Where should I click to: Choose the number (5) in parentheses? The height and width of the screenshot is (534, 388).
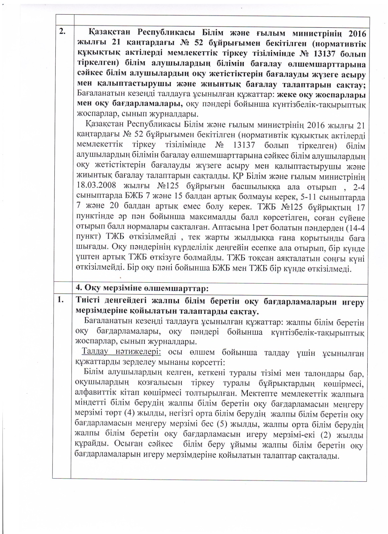pyautogui.click(x=222, y=425)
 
